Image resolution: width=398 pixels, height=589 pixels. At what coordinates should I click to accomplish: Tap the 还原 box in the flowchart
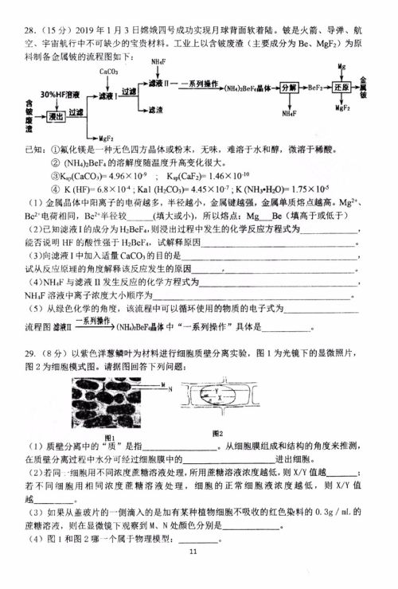coord(341,86)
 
